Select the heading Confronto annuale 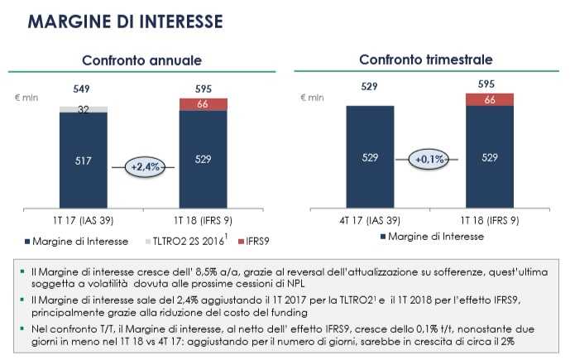pyautogui.click(x=141, y=60)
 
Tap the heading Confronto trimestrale pyautogui.click(x=426, y=60)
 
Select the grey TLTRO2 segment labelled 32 pyautogui.click(x=84, y=108)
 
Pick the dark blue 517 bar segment pyautogui.click(x=84, y=162)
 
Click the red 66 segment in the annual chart pyautogui.click(x=204, y=103)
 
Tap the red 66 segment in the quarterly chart pyautogui.click(x=490, y=99)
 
